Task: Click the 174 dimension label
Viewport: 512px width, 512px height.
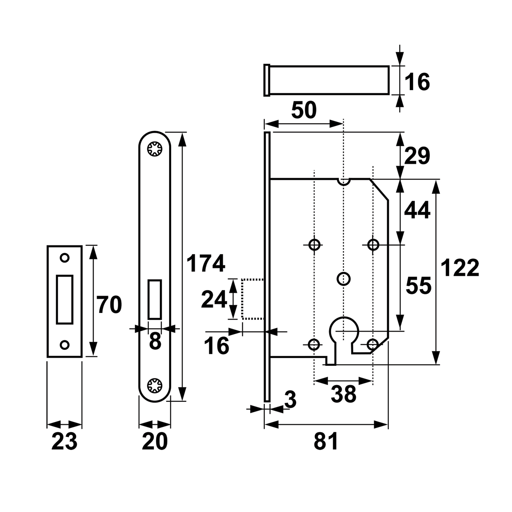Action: pyautogui.click(x=206, y=264)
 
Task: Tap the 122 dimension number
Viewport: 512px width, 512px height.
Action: pyautogui.click(x=460, y=268)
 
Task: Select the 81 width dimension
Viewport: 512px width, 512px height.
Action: pyautogui.click(x=326, y=441)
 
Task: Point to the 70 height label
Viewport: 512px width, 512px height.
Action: pyautogui.click(x=110, y=305)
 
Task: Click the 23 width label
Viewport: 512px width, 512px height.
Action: pyautogui.click(x=64, y=441)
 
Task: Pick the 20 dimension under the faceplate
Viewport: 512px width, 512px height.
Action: pyautogui.click(x=155, y=441)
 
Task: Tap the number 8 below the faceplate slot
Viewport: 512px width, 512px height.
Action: pyautogui.click(x=155, y=342)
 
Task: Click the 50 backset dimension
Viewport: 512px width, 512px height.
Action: pyautogui.click(x=304, y=110)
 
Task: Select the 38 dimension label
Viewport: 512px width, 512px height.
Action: pyautogui.click(x=343, y=394)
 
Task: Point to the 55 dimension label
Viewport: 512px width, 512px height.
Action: pyautogui.click(x=419, y=286)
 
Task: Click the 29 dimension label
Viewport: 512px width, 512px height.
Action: pyautogui.click(x=417, y=156)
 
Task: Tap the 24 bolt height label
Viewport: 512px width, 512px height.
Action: pyautogui.click(x=214, y=300)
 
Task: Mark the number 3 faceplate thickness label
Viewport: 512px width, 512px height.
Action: pyautogui.click(x=290, y=400)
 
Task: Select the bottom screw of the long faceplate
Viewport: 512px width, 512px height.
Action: pyautogui.click(x=154, y=385)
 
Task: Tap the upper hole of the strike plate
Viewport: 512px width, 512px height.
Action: pyautogui.click(x=65, y=258)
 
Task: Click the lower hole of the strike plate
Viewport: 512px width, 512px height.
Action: pyautogui.click(x=65, y=345)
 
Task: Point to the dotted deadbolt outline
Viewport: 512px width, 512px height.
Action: pyautogui.click(x=242, y=299)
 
